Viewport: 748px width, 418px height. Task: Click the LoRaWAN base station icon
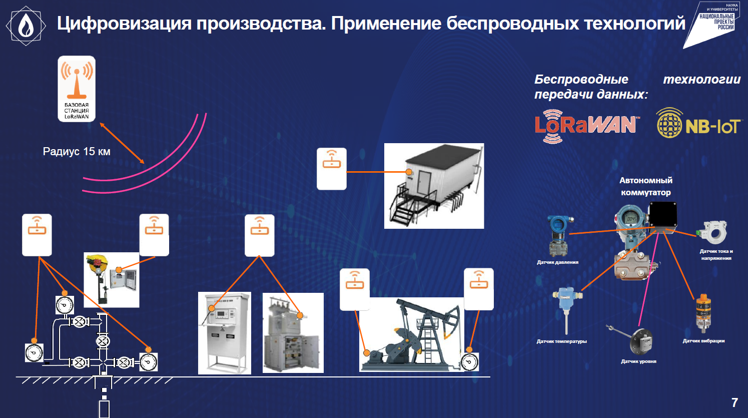tap(77, 89)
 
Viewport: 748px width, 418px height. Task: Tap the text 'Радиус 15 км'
tap(77, 151)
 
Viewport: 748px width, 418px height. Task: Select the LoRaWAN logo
tap(587, 126)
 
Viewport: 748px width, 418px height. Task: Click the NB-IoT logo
tap(698, 123)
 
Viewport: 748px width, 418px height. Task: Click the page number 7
tap(734, 402)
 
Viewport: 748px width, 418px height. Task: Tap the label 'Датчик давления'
tap(558, 262)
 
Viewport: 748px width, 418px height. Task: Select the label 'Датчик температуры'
tap(562, 341)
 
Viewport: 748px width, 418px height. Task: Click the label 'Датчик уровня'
tap(638, 361)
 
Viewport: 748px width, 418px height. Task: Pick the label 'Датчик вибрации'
tap(703, 341)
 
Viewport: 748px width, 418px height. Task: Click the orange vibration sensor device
tap(703, 313)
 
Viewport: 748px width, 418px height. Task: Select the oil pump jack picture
tap(411, 334)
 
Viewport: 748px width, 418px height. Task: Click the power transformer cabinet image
tap(293, 333)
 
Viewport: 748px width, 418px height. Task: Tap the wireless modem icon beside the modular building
tap(332, 169)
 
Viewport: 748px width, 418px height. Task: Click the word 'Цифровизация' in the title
tap(124, 24)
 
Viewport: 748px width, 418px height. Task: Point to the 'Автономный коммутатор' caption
tap(646, 186)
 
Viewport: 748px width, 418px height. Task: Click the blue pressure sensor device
tap(558, 236)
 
